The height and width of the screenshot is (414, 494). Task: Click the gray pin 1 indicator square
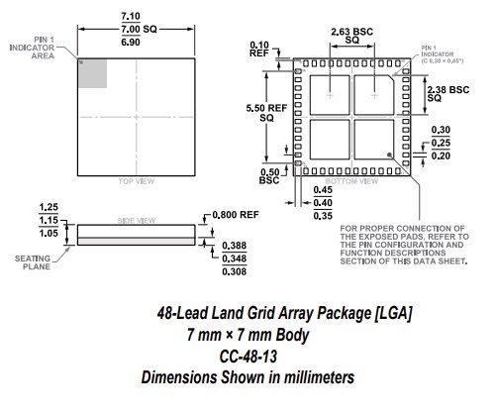pos(92,73)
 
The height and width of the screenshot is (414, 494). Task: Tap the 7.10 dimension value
pos(130,17)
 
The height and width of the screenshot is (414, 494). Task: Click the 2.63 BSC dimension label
pos(350,32)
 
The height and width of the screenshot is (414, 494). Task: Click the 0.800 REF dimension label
pos(235,215)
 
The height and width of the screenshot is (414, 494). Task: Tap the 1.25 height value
pos(48,207)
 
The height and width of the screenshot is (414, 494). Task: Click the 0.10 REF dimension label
pos(260,52)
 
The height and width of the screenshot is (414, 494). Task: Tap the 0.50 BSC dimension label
pos(268,176)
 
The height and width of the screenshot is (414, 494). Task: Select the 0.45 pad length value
pos(322,192)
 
